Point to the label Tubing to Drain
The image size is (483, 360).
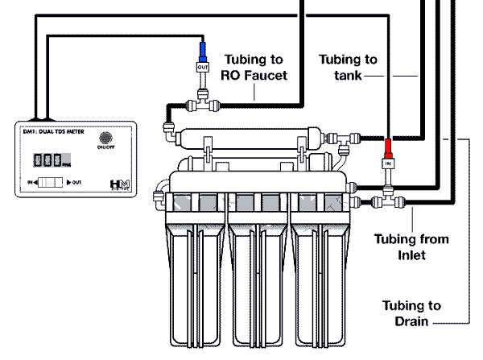411,313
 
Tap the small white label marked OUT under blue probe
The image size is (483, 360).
203,68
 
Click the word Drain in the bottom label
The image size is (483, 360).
411,322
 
